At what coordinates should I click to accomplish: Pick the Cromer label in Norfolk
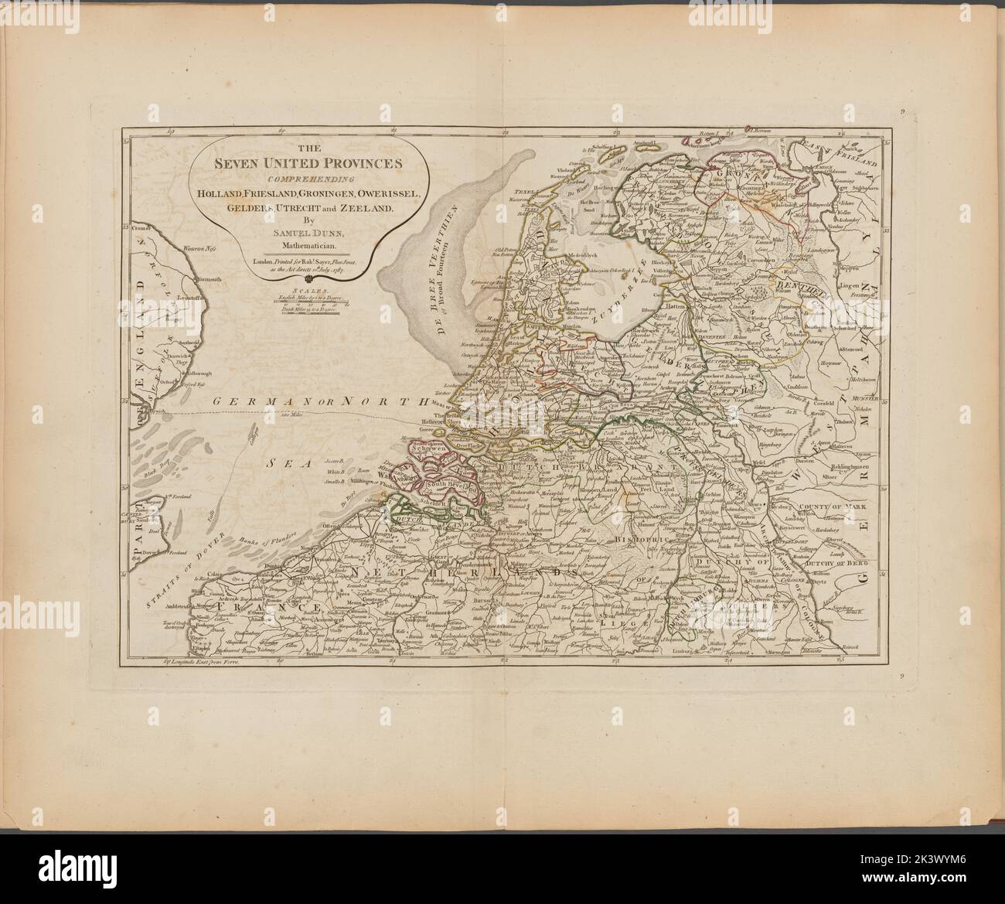click(x=139, y=229)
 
